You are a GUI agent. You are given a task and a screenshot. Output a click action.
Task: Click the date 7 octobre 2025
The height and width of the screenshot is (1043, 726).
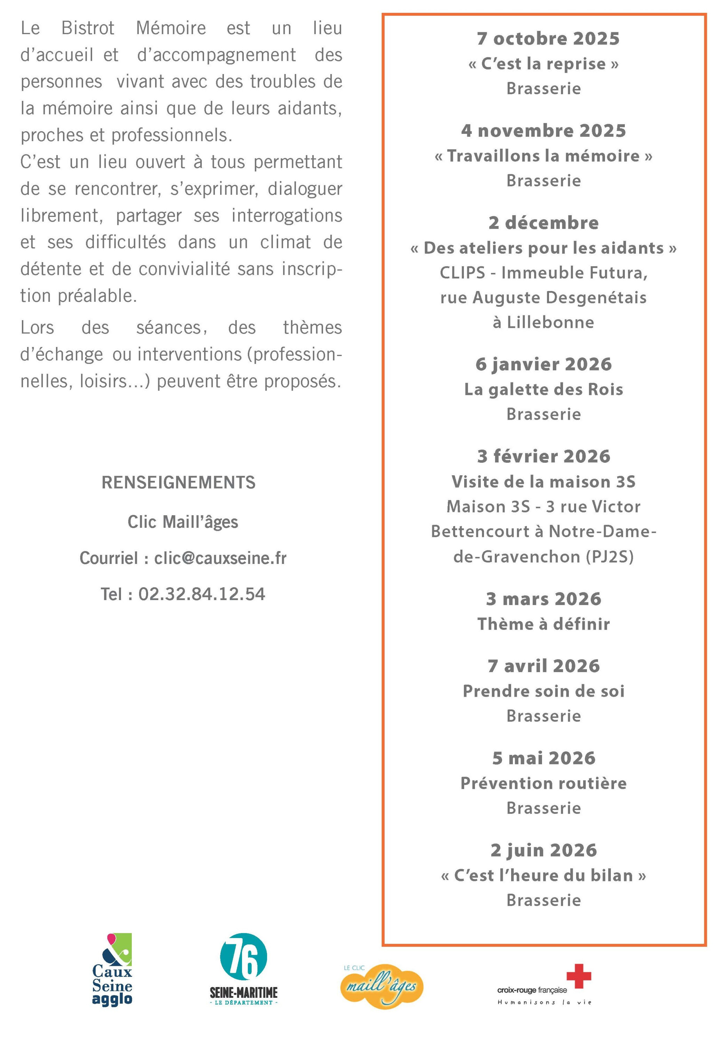[x=547, y=39]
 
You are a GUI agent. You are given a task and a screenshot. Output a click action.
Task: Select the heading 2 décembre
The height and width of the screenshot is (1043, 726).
[x=543, y=223]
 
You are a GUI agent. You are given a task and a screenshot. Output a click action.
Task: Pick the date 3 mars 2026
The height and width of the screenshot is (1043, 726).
[x=543, y=599]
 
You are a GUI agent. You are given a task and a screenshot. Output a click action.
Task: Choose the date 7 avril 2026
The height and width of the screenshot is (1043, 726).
[x=543, y=666]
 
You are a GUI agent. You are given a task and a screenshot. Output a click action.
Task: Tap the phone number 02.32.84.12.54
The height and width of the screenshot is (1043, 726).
[x=202, y=594]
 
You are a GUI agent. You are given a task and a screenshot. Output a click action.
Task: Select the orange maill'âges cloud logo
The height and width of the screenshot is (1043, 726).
[x=382, y=986]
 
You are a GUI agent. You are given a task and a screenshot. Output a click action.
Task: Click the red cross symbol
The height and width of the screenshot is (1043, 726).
[x=578, y=976]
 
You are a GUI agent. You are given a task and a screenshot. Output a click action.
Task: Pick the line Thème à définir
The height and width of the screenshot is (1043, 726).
[x=543, y=624]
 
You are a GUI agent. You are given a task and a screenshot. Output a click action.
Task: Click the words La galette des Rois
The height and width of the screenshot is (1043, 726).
[x=543, y=389]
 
